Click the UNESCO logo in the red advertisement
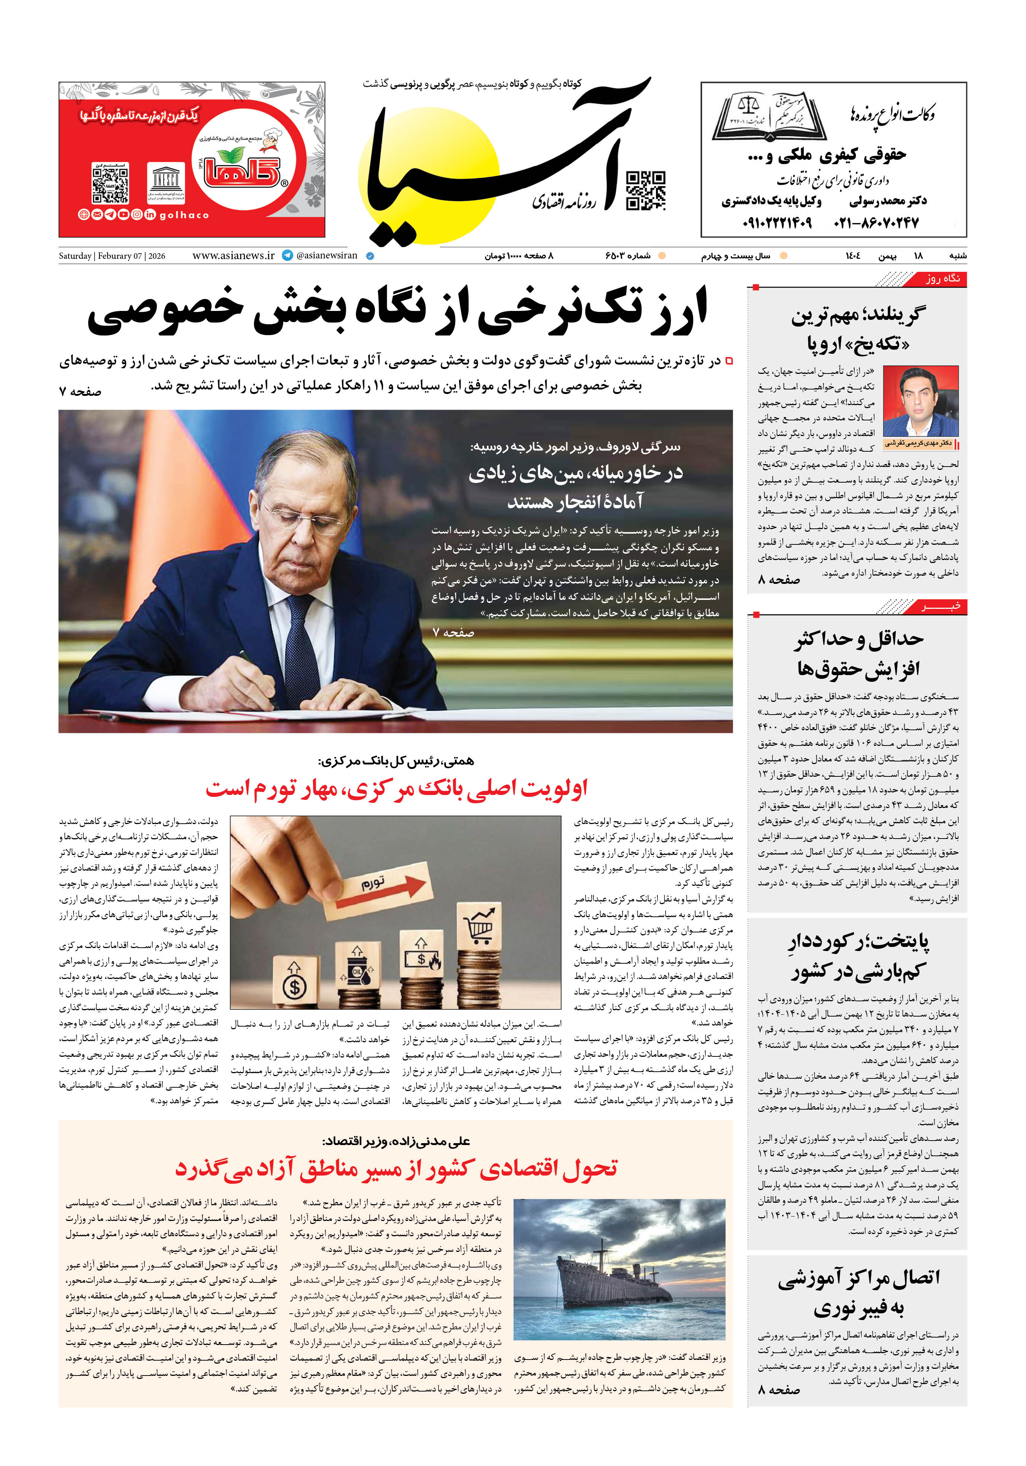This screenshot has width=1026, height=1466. coord(166,181)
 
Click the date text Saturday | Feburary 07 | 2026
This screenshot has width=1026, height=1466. coord(112,256)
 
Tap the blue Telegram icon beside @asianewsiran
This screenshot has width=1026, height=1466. coord(287,255)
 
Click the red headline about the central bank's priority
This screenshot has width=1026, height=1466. coord(396,789)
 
